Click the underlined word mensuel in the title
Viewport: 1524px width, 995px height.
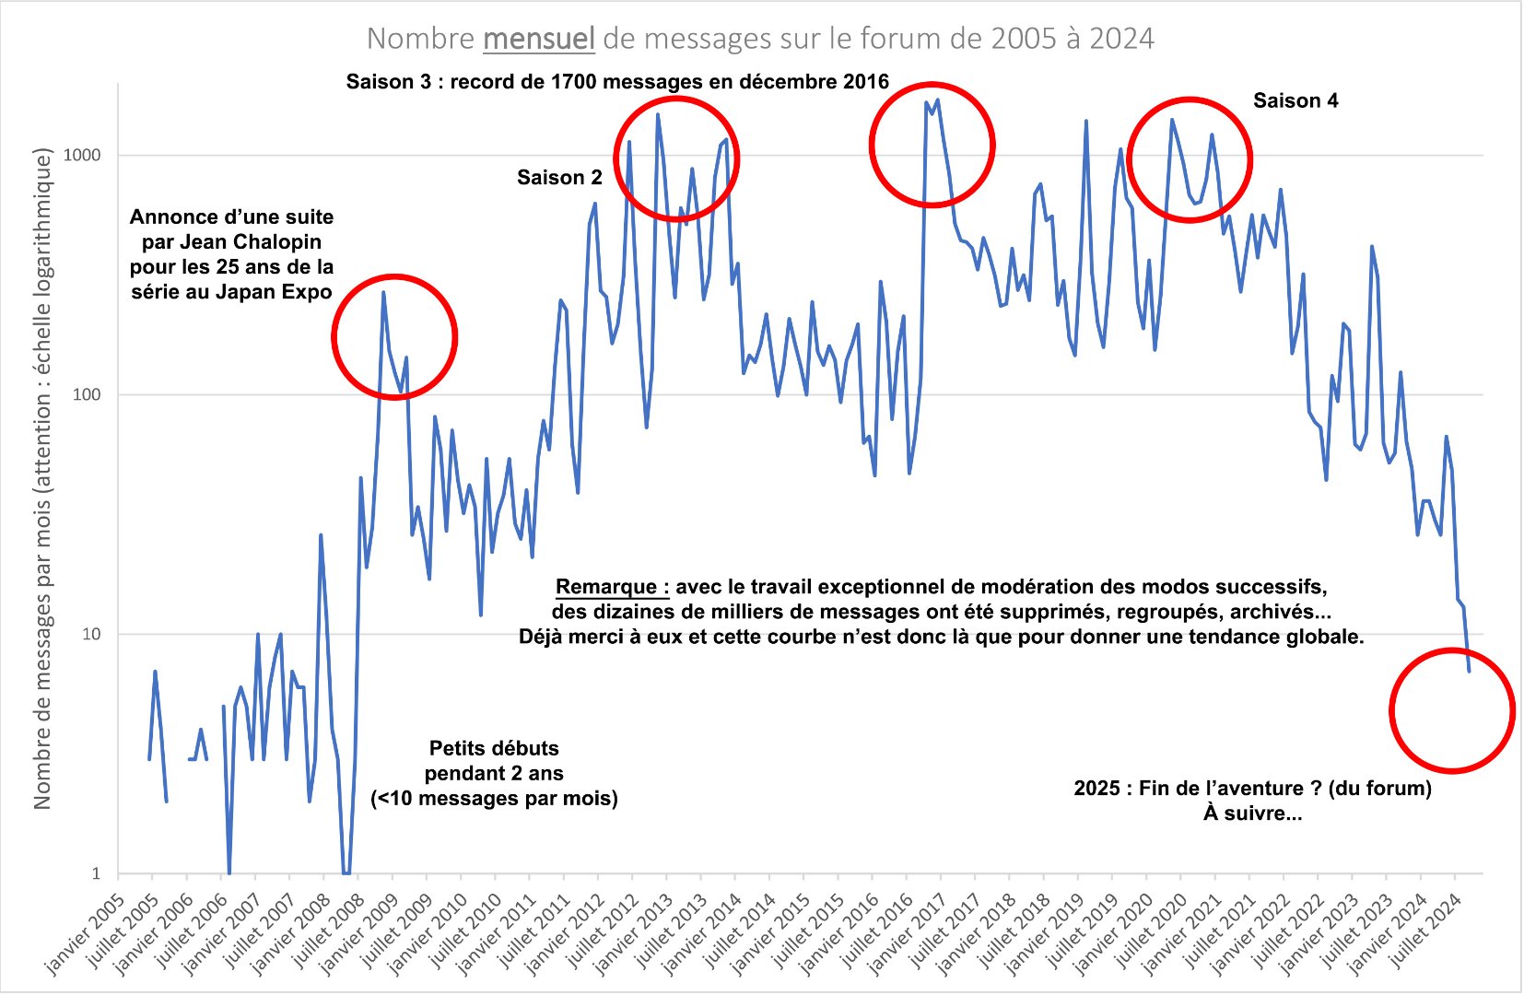(539, 39)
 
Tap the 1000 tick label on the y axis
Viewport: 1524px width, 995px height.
(81, 155)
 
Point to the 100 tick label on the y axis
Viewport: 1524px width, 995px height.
(86, 394)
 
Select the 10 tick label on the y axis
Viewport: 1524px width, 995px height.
(90, 634)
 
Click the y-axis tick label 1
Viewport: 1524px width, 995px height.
(96, 873)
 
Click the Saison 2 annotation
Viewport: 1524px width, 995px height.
(559, 178)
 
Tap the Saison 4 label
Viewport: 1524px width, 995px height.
(1295, 101)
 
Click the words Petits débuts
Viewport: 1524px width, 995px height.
(494, 748)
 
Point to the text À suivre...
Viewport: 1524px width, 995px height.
(1252, 814)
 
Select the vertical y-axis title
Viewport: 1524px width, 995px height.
(42, 479)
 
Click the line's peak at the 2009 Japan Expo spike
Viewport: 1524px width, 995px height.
(383, 293)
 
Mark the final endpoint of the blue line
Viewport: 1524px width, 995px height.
(1469, 671)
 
